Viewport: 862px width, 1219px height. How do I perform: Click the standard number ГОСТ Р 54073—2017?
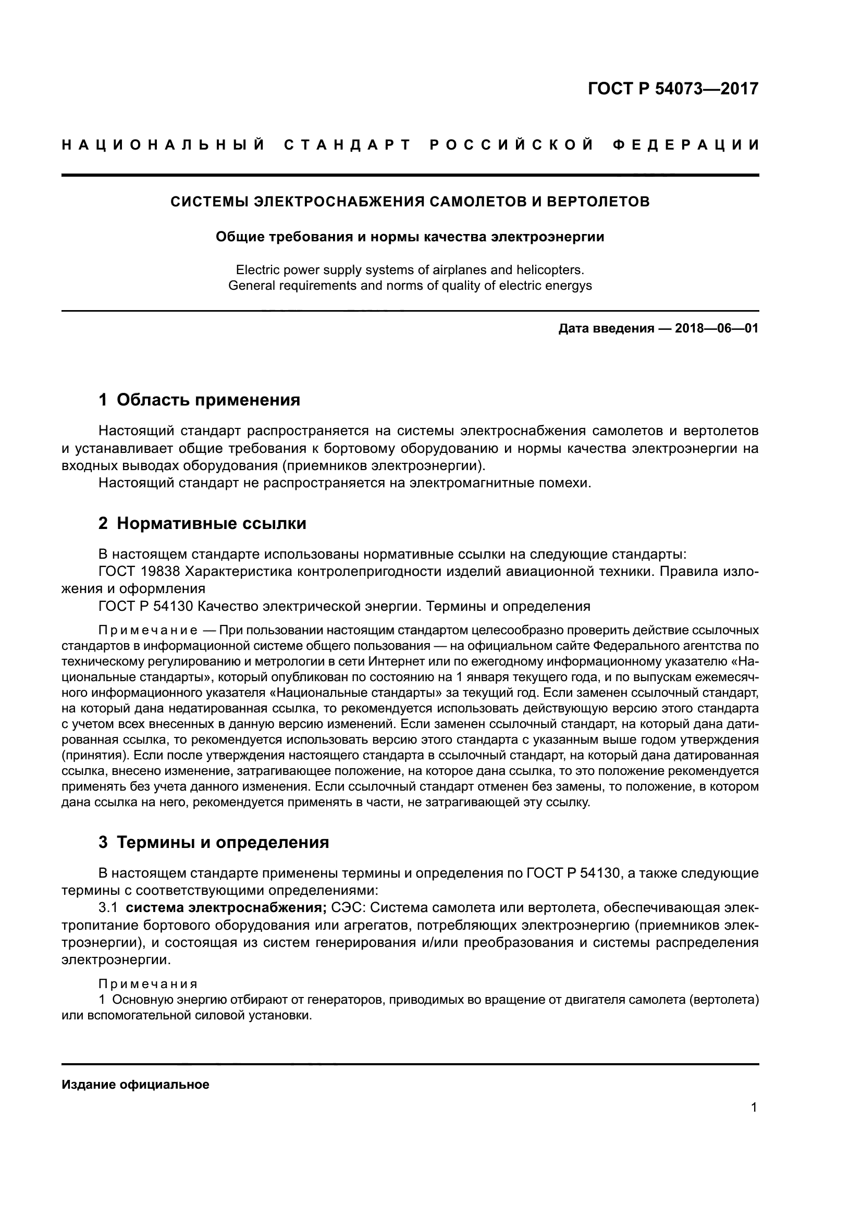(673, 89)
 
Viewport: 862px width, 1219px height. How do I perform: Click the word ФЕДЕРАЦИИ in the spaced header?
(686, 145)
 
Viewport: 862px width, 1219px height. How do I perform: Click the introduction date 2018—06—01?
(716, 329)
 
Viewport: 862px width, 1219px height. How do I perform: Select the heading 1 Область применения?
(200, 400)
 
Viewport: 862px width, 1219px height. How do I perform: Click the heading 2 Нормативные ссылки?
(202, 523)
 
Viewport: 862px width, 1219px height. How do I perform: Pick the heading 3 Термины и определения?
(214, 843)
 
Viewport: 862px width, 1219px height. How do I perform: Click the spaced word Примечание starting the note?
(148, 631)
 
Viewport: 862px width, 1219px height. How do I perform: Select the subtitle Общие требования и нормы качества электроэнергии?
(410, 237)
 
